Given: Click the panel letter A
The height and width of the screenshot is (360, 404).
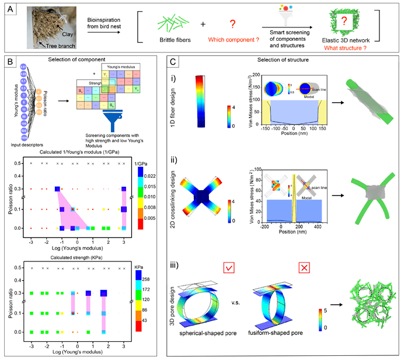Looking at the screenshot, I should [x=9, y=11].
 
